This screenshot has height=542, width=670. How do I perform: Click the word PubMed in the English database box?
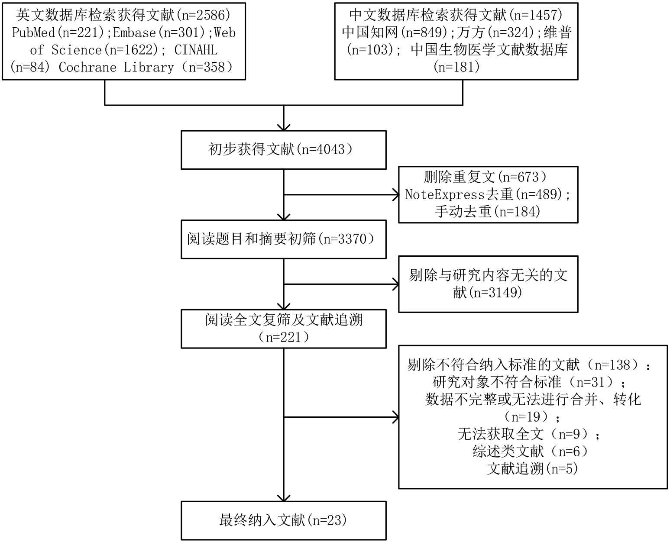tap(34, 33)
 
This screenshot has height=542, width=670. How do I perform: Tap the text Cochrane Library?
tap(116, 68)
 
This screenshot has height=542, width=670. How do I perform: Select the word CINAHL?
tap(196, 50)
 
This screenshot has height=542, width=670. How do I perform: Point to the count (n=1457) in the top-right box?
tap(536, 16)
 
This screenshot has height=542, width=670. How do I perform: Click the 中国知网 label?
tap(370, 33)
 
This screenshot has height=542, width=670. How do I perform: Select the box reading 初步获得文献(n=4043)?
tap(283, 150)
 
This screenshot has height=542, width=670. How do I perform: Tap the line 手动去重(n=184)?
tap(488, 212)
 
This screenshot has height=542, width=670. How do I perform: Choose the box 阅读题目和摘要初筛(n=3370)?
tap(283, 239)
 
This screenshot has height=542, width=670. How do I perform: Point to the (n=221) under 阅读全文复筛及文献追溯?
tap(284, 337)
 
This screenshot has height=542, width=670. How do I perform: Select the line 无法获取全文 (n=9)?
tap(529, 434)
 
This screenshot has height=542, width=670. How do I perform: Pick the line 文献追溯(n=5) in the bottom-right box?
tap(532, 469)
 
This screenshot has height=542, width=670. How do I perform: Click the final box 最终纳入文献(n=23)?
tap(283, 520)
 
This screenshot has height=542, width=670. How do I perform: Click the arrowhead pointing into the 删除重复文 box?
tap(396, 195)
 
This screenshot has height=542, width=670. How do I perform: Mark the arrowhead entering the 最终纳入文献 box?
tap(284, 498)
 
